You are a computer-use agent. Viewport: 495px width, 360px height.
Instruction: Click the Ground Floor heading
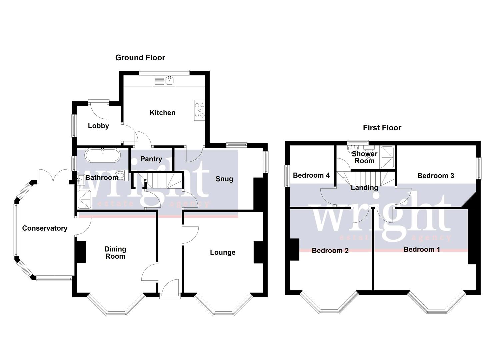click(140, 58)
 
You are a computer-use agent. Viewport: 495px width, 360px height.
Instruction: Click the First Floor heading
click(382, 128)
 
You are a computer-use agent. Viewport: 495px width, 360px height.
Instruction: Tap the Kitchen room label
click(162, 113)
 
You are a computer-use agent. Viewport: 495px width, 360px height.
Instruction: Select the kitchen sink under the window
click(164, 81)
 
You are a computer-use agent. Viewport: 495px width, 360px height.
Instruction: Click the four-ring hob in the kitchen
click(200, 110)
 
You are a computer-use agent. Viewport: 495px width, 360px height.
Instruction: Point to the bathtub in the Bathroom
click(102, 155)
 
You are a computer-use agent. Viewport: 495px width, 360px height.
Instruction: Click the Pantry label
click(151, 159)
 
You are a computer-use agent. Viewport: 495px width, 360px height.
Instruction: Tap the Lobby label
click(98, 126)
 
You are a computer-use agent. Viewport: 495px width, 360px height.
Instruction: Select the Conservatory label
click(45, 228)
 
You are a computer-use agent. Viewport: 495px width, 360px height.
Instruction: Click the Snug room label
click(224, 179)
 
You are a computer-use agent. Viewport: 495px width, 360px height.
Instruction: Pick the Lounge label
click(223, 252)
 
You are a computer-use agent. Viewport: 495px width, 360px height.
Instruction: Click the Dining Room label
click(115, 253)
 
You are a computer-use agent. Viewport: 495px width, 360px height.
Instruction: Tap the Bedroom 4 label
click(311, 175)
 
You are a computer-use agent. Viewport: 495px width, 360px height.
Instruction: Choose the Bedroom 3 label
click(436, 176)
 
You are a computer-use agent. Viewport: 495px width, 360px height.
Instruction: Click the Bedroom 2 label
click(330, 250)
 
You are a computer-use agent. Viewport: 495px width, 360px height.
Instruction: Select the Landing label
click(364, 188)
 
